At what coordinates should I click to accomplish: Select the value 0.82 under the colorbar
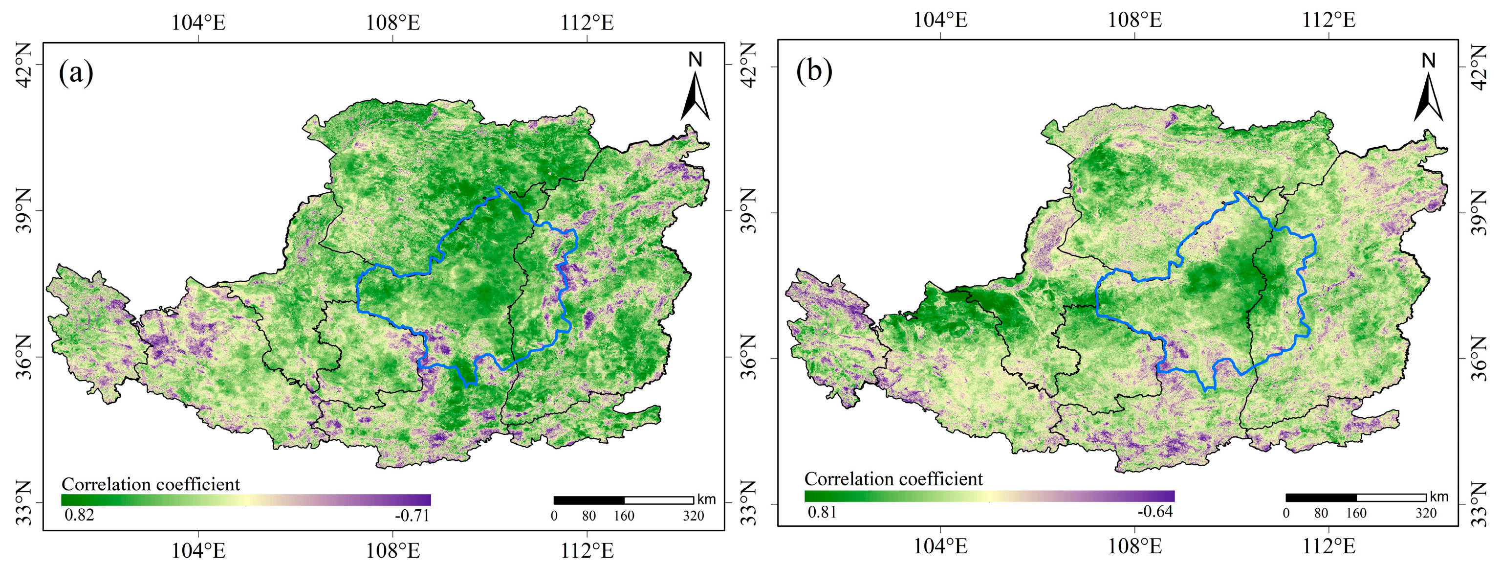[x=78, y=515]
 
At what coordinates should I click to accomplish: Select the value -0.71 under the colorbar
[x=412, y=515]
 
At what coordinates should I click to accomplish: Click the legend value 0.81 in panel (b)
[x=822, y=512]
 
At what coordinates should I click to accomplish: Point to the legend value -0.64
[x=1155, y=512]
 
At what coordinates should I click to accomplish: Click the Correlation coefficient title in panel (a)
[x=151, y=484]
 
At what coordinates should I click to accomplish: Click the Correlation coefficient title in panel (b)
[x=893, y=479]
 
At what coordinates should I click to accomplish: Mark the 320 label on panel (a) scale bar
[x=693, y=516]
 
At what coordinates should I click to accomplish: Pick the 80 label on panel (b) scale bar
[x=1321, y=513]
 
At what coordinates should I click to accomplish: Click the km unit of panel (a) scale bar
[x=706, y=499]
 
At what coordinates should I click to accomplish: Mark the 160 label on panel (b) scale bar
[x=1356, y=513]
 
